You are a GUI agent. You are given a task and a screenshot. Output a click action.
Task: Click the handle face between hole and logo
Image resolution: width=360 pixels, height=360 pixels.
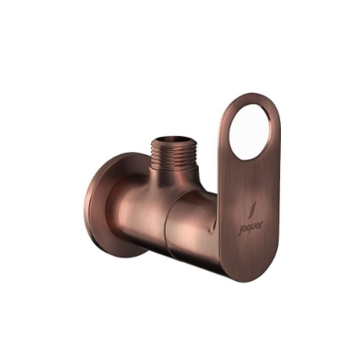(x=247, y=180)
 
